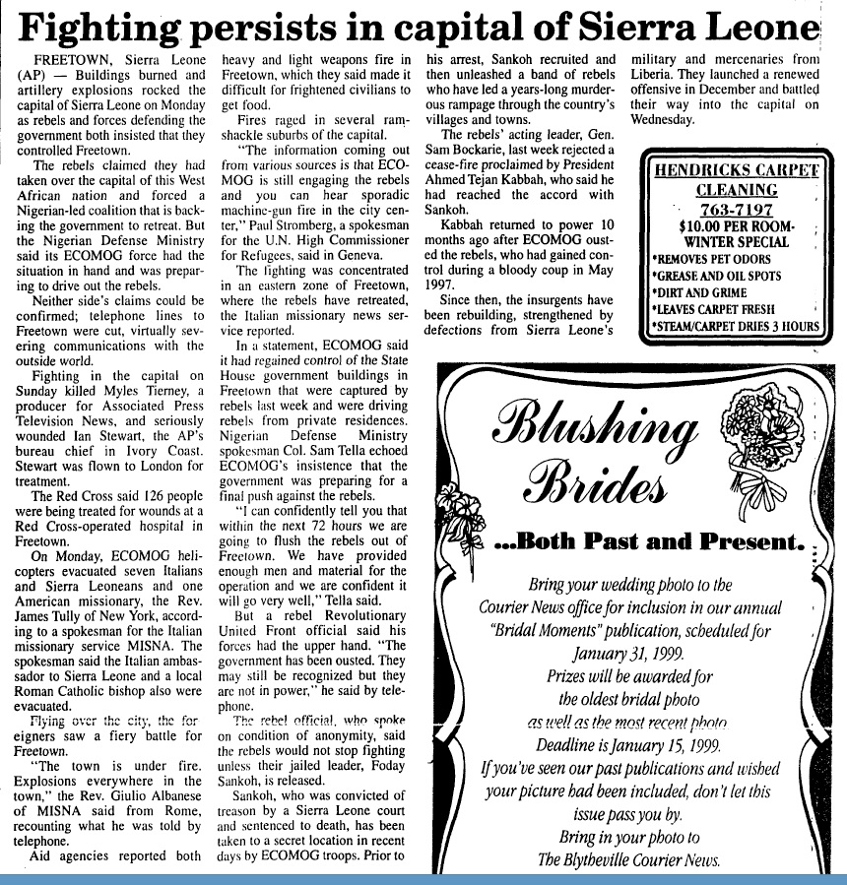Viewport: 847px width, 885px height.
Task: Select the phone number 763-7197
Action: point(730,209)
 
